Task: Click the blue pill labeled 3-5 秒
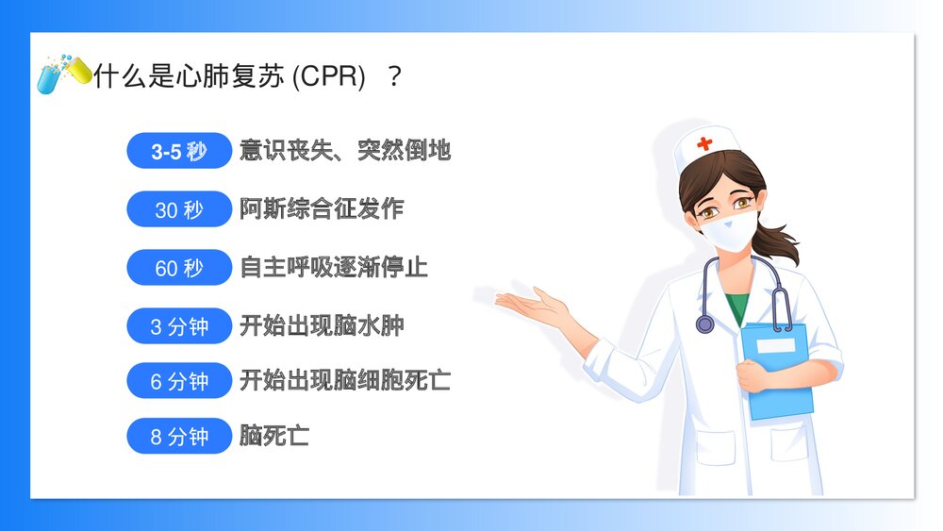(x=178, y=151)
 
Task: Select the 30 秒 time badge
(x=178, y=209)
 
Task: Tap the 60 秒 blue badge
(x=178, y=268)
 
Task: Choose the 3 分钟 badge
(x=178, y=327)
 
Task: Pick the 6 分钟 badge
(x=178, y=381)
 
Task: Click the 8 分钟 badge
(x=178, y=437)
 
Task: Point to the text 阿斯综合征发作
(x=322, y=209)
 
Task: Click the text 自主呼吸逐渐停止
(x=334, y=268)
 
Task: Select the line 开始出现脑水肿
(x=322, y=327)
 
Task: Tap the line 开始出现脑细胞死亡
(x=345, y=381)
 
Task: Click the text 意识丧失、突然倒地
(x=345, y=151)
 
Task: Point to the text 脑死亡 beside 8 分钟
(x=274, y=437)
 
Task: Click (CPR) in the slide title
(x=328, y=76)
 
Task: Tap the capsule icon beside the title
(x=63, y=73)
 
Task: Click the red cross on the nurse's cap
(x=705, y=143)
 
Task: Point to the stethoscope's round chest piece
(x=705, y=324)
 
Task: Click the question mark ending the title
(x=394, y=76)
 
